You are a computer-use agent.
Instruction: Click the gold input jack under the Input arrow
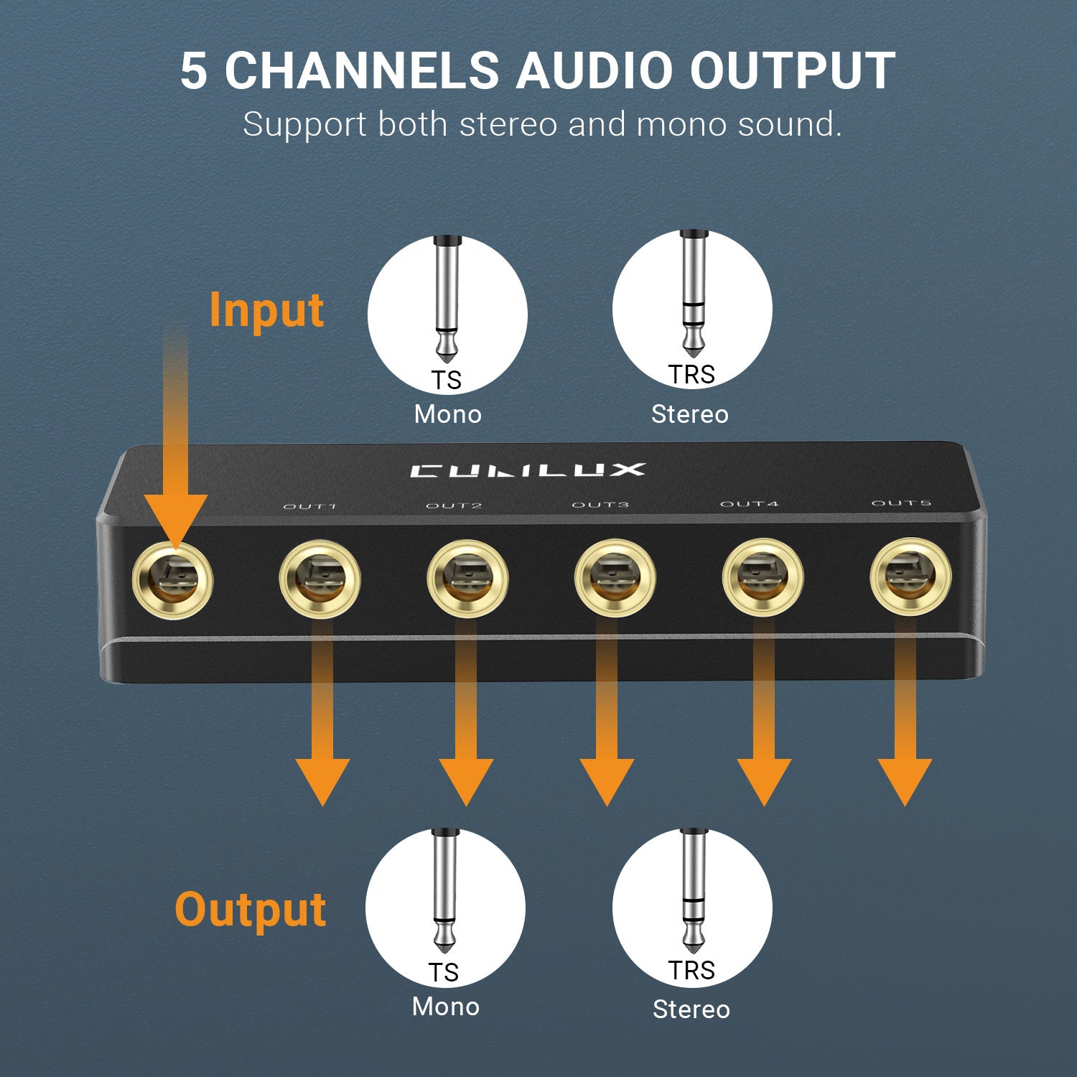tap(173, 579)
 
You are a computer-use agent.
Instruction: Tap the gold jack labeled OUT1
tap(320, 579)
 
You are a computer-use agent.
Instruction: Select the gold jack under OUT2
tap(467, 579)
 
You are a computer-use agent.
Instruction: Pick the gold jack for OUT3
tap(615, 578)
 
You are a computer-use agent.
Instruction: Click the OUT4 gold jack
tap(763, 577)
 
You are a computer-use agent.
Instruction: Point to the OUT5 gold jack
tap(910, 576)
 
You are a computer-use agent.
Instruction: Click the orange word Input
tap(266, 310)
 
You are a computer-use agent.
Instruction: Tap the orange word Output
tap(250, 910)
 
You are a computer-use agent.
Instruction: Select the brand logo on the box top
tap(528, 470)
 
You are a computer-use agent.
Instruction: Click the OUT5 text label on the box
tap(901, 503)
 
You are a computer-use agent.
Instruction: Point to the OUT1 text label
tap(309, 506)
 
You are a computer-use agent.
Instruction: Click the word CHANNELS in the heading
tap(362, 70)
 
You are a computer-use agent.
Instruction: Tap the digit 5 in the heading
tap(193, 70)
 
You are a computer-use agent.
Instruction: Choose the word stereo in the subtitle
tap(508, 124)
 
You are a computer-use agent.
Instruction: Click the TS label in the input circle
tap(446, 380)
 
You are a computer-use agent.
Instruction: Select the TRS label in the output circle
tap(691, 970)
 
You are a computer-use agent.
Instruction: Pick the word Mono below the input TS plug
tap(447, 414)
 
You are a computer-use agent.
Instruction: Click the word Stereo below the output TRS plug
tap(691, 1010)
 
